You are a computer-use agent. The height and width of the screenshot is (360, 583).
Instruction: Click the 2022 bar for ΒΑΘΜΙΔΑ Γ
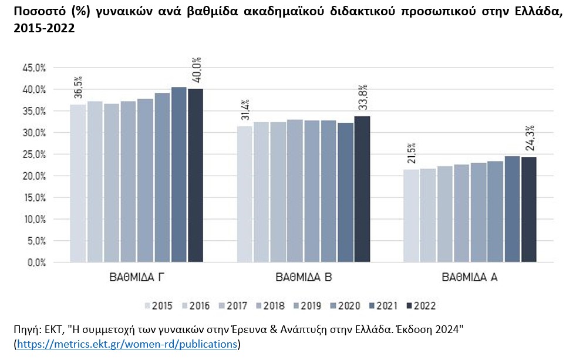click(x=196, y=176)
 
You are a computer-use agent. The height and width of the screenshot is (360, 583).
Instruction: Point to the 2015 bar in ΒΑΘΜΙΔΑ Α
click(x=412, y=216)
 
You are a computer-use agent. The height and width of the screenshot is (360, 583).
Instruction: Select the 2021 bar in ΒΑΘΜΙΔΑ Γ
click(x=179, y=174)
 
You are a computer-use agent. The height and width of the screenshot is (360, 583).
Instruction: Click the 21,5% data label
click(x=412, y=153)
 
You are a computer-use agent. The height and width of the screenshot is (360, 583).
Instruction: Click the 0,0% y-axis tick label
click(x=36, y=263)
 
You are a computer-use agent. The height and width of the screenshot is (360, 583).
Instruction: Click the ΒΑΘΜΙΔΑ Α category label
click(x=470, y=277)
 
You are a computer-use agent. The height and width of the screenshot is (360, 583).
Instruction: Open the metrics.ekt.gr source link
click(x=127, y=344)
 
